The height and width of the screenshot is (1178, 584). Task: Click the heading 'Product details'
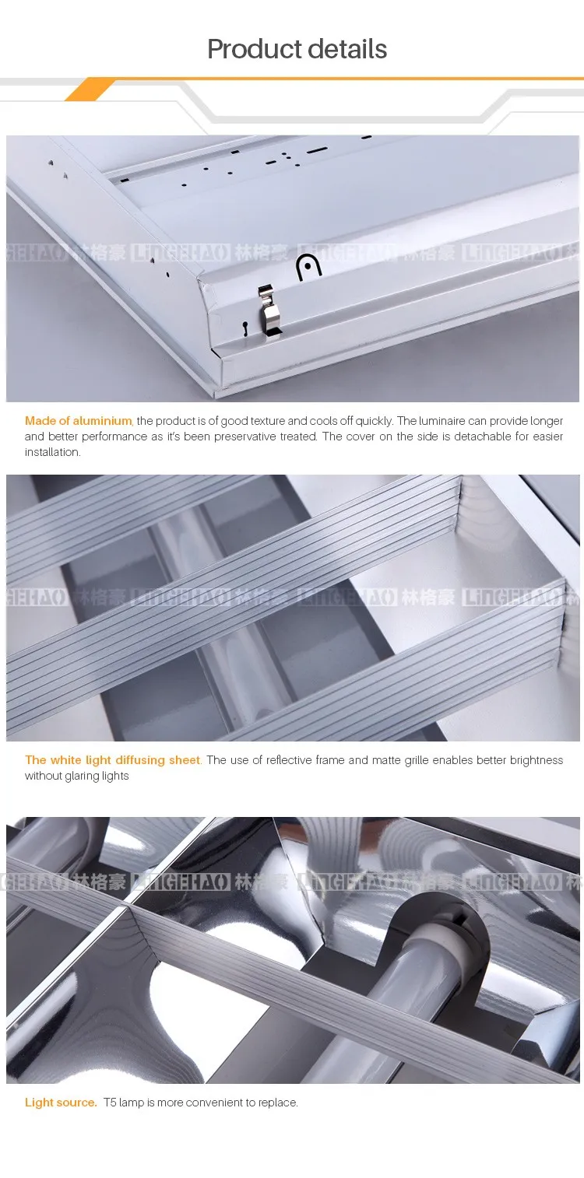tap(297, 49)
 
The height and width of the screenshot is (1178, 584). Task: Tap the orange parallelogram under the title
tap(90, 89)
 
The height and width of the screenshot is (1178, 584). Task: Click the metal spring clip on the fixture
tap(269, 310)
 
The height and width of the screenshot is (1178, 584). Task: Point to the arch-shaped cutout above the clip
tap(309, 267)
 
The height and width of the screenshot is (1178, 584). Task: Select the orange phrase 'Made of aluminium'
tap(79, 421)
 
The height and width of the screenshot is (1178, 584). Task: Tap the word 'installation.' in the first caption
tap(53, 452)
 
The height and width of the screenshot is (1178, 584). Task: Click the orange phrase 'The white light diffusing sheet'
tap(113, 760)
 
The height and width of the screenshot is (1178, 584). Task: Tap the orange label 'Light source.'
tap(61, 1103)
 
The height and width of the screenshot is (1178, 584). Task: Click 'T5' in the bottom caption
tap(110, 1103)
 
